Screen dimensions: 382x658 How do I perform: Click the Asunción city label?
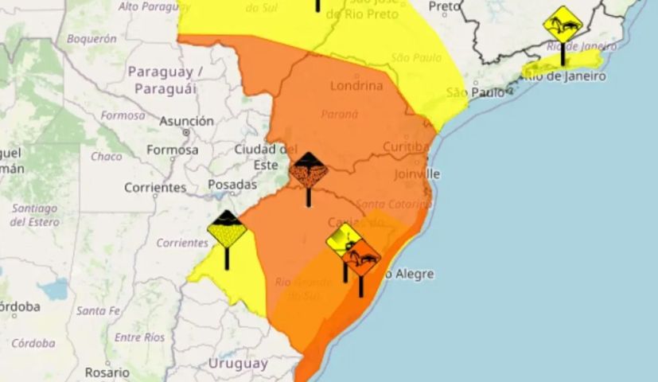click(x=187, y=122)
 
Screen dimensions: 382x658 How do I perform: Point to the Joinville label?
click(x=415, y=173)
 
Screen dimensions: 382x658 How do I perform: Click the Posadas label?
click(x=232, y=185)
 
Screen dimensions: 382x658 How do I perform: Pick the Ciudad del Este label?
click(x=266, y=157)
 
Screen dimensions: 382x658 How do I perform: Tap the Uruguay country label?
click(x=237, y=363)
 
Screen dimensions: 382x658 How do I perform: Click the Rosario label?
click(x=107, y=372)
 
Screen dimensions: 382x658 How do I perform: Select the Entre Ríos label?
click(x=139, y=337)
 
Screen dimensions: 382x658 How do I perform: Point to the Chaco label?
click(x=107, y=157)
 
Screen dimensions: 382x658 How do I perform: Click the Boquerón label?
click(x=91, y=37)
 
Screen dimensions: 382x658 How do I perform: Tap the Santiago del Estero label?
click(x=34, y=215)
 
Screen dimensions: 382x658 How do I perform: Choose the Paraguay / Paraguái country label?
click(x=165, y=80)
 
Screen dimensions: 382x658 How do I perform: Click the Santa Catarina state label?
click(x=393, y=204)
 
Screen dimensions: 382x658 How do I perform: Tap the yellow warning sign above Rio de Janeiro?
click(x=563, y=25)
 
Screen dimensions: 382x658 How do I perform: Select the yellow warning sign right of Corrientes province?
click(x=227, y=232)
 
